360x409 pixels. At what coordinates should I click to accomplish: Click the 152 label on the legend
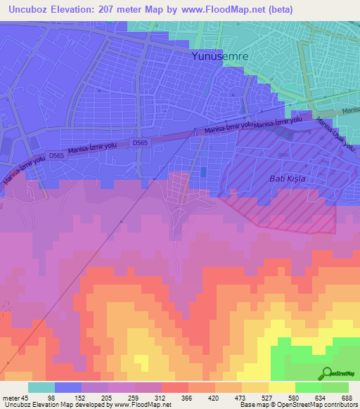(95, 397)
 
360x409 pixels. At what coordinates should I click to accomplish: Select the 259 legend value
(155, 397)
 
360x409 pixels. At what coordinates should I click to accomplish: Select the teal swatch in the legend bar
(41, 387)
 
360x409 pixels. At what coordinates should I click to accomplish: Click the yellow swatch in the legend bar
(282, 387)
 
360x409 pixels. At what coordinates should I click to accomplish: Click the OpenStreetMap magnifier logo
(327, 372)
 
